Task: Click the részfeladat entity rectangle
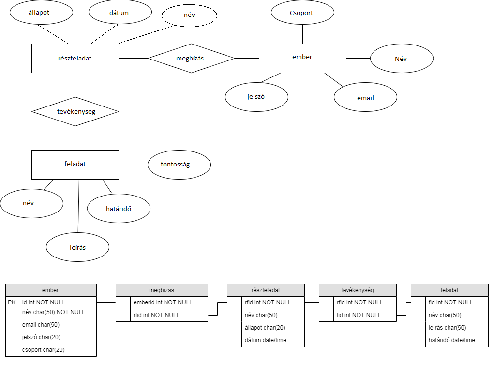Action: pos(75,59)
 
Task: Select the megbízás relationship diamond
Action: pos(191,59)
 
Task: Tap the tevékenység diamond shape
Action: pos(75,112)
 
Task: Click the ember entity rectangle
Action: pos(302,58)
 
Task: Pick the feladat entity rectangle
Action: pos(75,165)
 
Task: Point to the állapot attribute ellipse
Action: pos(41,13)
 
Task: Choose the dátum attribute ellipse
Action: pos(119,13)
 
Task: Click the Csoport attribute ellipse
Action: pos(302,13)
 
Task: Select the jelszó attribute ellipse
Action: pos(256,97)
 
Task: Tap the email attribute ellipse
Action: pos(365,98)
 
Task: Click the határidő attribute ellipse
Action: pos(119,209)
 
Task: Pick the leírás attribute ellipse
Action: pos(77,247)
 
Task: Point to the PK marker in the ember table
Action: pos(12,302)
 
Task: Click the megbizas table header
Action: pos(162,290)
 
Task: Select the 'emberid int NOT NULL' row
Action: pos(163,302)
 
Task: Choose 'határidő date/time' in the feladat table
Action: pos(452,340)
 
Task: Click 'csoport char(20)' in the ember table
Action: pos(44,350)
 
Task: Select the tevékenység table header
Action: pos(358,290)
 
